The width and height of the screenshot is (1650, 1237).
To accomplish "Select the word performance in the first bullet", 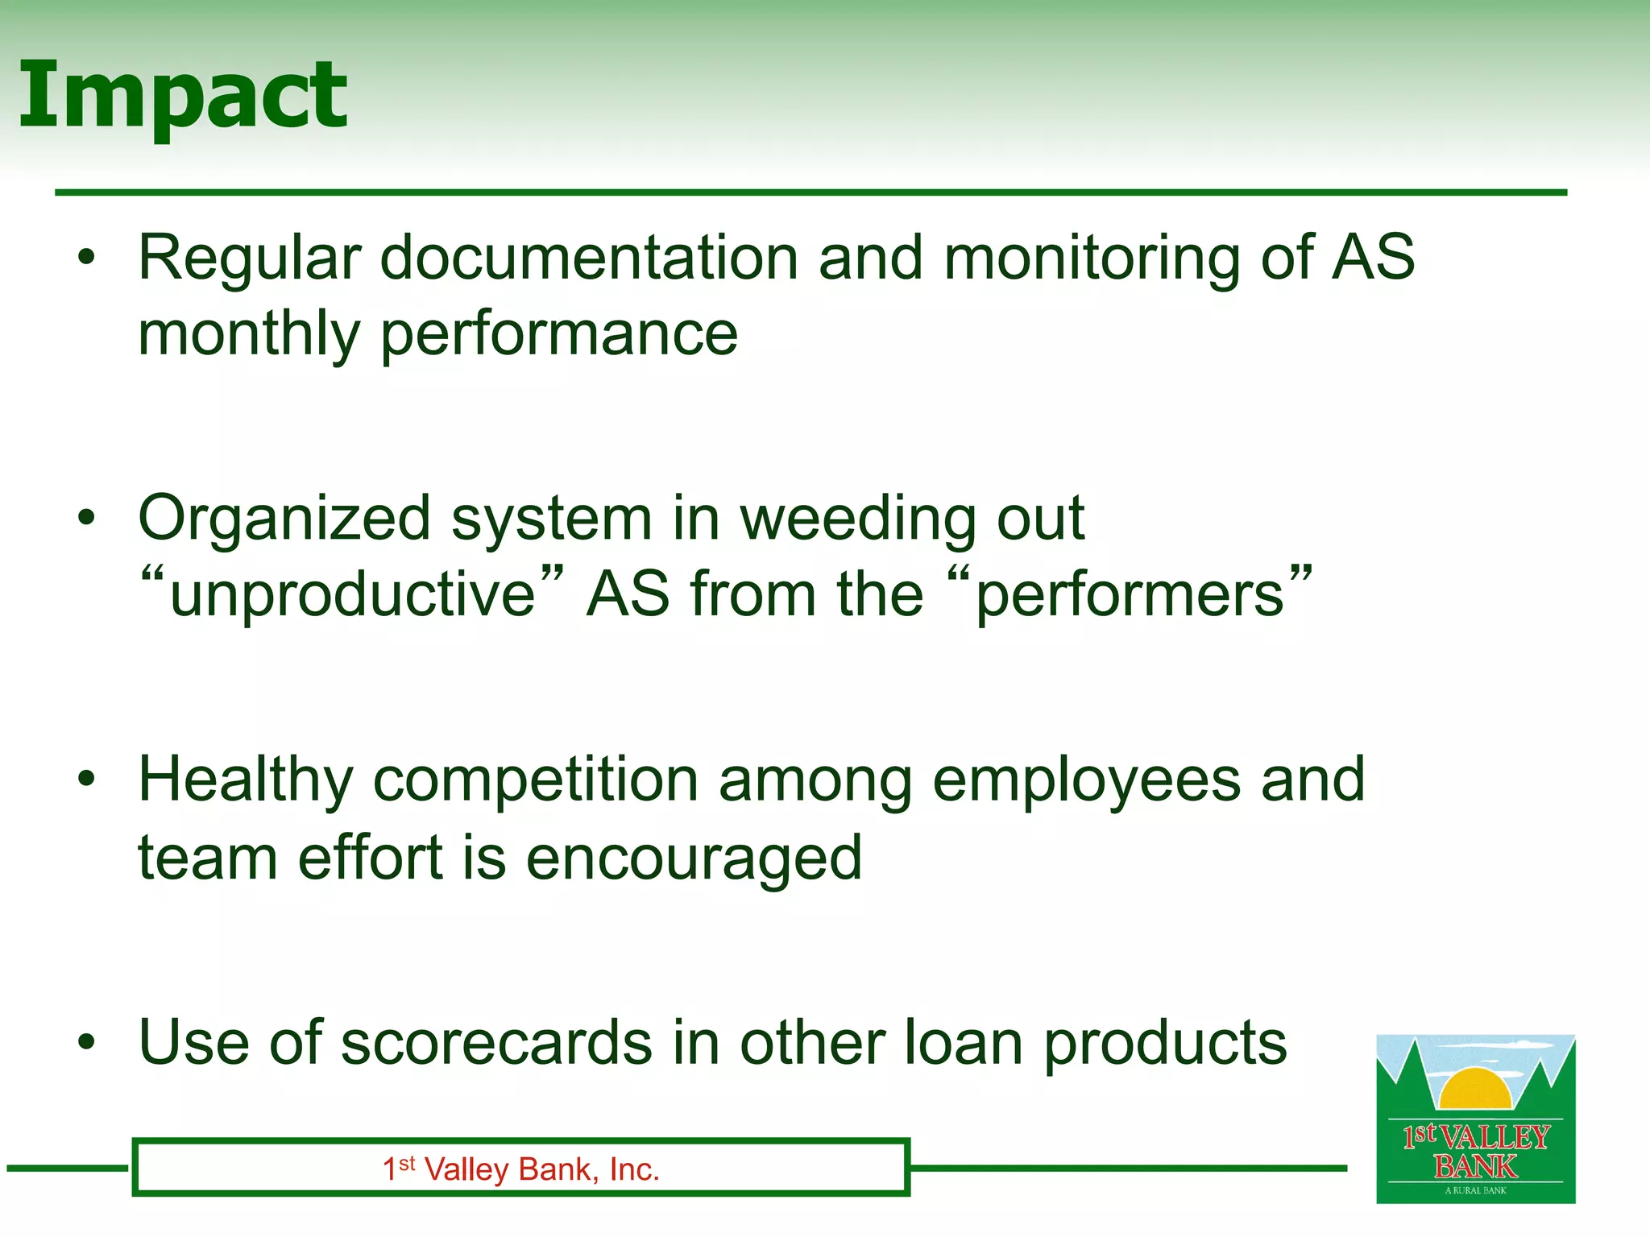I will click(x=558, y=335).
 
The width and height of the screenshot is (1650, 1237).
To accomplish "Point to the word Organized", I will click(x=284, y=519).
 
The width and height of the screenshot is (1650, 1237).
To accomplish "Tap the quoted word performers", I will click(x=1129, y=594).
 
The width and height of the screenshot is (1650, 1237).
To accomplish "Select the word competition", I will click(x=535, y=781).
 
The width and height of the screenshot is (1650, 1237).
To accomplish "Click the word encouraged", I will click(x=694, y=858).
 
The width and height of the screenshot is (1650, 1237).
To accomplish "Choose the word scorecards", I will click(x=496, y=1042).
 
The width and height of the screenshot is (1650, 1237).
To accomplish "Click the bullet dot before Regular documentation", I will click(x=87, y=259).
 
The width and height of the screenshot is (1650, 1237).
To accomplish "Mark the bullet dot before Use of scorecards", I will click(x=87, y=1043).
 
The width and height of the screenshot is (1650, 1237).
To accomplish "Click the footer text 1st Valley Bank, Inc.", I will click(x=520, y=1169).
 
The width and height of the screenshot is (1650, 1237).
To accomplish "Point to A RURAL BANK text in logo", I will click(x=1475, y=1190).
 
